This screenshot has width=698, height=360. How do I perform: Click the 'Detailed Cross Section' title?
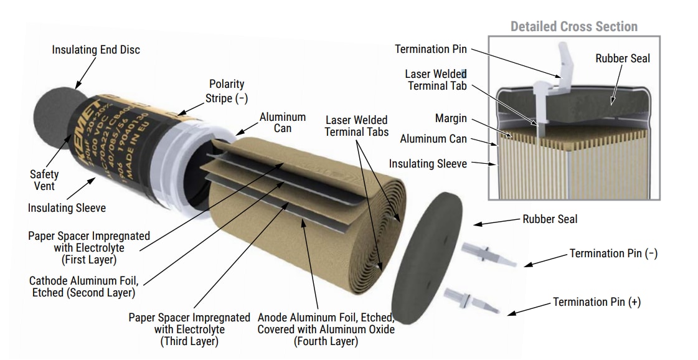pyautogui.click(x=573, y=27)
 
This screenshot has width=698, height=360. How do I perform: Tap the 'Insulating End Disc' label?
pyautogui.click(x=96, y=50)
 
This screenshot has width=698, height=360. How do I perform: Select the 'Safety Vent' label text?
pyautogui.click(x=44, y=180)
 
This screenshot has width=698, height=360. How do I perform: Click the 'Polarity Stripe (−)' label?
pyautogui.click(x=226, y=91)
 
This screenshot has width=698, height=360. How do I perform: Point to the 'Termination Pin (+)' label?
pyautogui.click(x=597, y=302)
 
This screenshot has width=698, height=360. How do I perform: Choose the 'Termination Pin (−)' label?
pyautogui.click(x=613, y=253)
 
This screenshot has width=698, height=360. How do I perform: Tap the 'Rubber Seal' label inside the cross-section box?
pyautogui.click(x=622, y=59)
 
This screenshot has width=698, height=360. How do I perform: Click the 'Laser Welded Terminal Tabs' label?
pyautogui.click(x=357, y=126)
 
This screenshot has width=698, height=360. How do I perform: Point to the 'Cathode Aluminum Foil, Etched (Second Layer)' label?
pyautogui.click(x=83, y=286)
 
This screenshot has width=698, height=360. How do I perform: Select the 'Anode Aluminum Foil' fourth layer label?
pyautogui.click(x=326, y=329)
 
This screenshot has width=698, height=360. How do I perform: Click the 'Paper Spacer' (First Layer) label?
pyautogui.click(x=88, y=247)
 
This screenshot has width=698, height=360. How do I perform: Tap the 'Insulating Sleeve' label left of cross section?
pyautogui.click(x=428, y=163)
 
